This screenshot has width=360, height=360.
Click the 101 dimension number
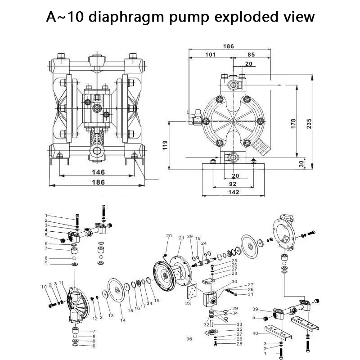click(x=210, y=54)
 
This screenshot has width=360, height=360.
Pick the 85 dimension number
click(x=251, y=54)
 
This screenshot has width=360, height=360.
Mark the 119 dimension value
click(x=165, y=145)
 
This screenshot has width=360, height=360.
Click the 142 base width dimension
click(x=233, y=192)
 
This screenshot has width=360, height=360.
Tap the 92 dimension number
click(x=233, y=184)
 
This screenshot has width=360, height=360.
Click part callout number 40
click(x=255, y=333)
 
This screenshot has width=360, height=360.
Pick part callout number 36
click(x=189, y=338)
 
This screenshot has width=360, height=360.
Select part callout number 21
click(x=182, y=238)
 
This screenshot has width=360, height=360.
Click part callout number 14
click(x=123, y=320)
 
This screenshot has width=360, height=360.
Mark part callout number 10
click(x=44, y=287)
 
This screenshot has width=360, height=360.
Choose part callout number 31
click(x=251, y=295)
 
